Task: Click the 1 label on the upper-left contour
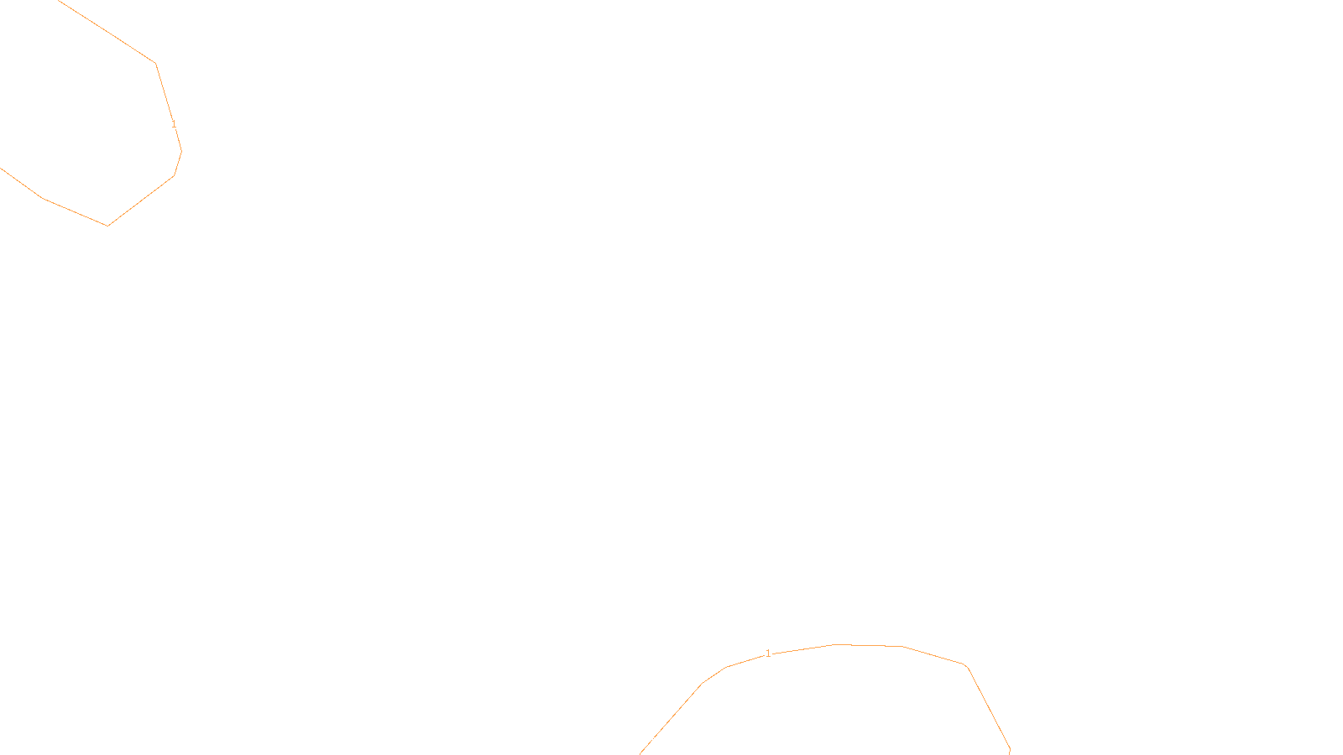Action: click(x=174, y=124)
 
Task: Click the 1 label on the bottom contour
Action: click(x=768, y=653)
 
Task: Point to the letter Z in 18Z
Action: click(x=642, y=741)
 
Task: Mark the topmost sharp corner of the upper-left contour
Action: click(x=155, y=63)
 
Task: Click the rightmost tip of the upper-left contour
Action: click(x=181, y=151)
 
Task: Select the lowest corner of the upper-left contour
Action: click(x=107, y=225)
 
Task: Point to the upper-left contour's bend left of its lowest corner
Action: click(x=42, y=198)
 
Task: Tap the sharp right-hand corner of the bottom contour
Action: click(x=967, y=666)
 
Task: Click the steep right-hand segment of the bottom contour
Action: click(x=989, y=709)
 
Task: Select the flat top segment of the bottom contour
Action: click(x=869, y=645)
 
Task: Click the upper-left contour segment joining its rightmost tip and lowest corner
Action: click(x=141, y=200)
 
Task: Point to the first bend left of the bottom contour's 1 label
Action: click(x=726, y=667)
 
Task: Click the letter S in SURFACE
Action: click(x=655, y=741)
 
